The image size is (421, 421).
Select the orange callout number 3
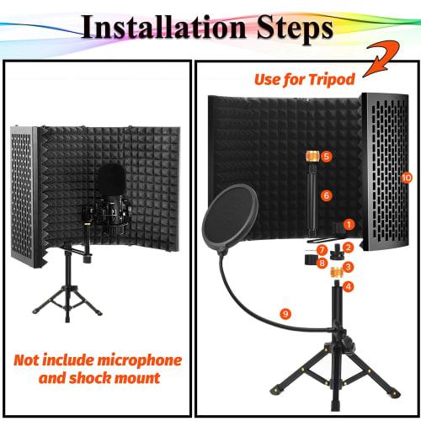click(x=348, y=266)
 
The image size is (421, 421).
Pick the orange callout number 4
click(x=349, y=285)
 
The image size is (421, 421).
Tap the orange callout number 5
click(x=326, y=157)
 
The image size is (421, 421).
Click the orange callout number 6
click(x=326, y=195)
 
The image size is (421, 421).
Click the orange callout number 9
click(x=286, y=314)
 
